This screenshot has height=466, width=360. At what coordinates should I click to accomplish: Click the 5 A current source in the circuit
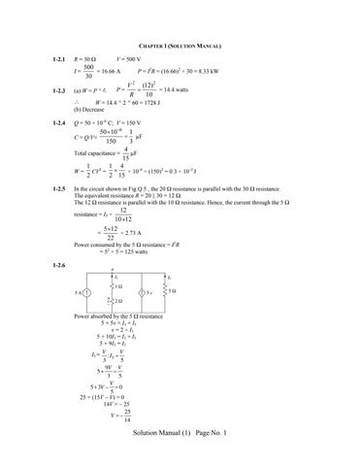[x=87, y=293]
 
